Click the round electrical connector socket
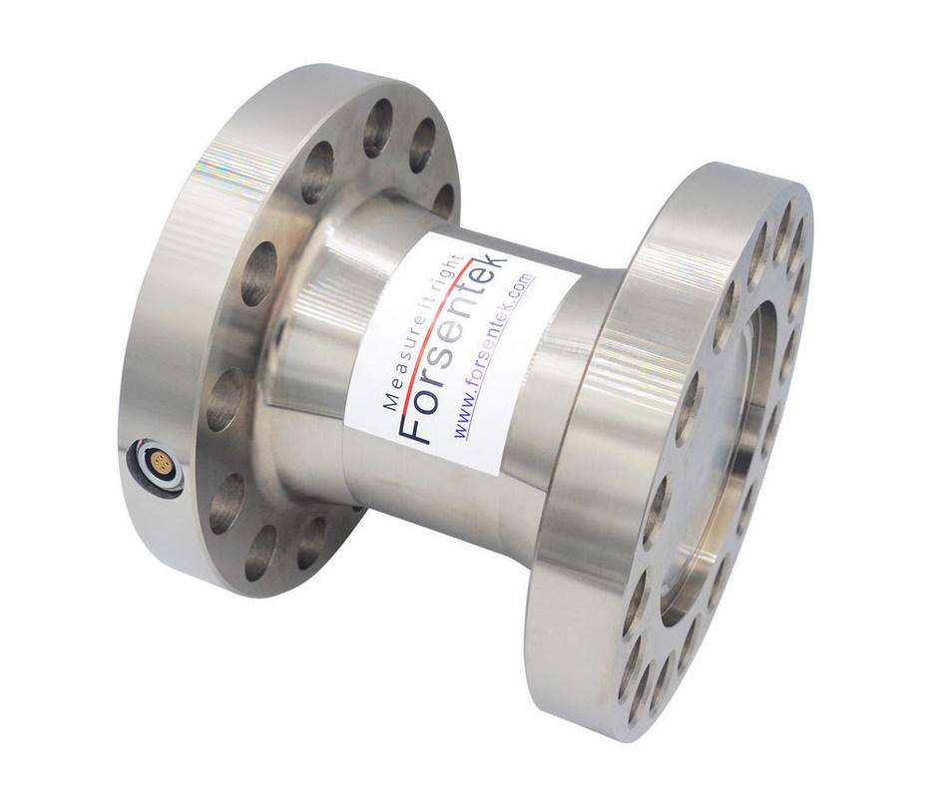coord(158,465)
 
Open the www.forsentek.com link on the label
coord(495,355)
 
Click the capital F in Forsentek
coord(415,425)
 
